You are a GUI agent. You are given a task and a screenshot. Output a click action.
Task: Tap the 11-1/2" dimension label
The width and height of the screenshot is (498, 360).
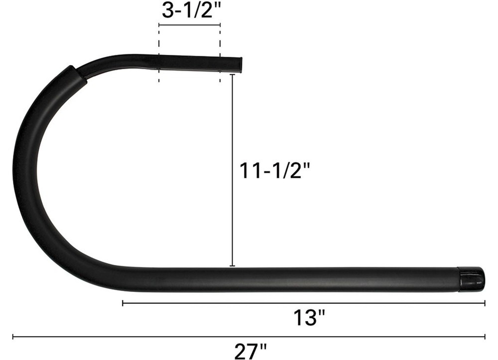pyautogui.click(x=275, y=171)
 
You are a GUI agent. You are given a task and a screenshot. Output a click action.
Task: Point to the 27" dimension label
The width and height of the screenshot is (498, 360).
pyautogui.click(x=250, y=351)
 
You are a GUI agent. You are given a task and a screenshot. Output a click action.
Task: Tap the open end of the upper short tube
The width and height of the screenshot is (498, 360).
pyautogui.click(x=240, y=65)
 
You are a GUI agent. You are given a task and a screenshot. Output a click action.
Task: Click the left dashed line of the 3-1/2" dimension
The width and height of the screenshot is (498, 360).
pyautogui.click(x=159, y=55)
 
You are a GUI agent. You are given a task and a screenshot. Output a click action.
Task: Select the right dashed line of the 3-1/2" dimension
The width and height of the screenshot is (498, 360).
pyautogui.click(x=220, y=55)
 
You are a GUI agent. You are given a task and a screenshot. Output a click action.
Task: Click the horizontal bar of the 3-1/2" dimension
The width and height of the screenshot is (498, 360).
pyautogui.click(x=189, y=24)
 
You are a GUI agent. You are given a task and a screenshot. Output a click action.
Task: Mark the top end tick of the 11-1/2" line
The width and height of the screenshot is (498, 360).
pyautogui.click(x=232, y=74)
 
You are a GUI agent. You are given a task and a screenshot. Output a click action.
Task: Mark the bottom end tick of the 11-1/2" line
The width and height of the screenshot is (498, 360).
pyautogui.click(x=232, y=266)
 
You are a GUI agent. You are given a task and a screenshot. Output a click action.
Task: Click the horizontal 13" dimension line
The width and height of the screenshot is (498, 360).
pyautogui.click(x=304, y=302)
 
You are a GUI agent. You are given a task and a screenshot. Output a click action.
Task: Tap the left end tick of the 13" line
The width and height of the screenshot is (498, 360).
pyautogui.click(x=123, y=302)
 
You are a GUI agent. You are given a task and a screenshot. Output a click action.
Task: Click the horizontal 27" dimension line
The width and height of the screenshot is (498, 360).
pyautogui.click(x=249, y=337)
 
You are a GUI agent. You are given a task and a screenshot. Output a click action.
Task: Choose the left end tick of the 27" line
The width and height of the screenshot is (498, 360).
pyautogui.click(x=13, y=337)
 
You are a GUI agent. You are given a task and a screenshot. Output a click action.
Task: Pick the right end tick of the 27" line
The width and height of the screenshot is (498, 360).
pyautogui.click(x=485, y=337)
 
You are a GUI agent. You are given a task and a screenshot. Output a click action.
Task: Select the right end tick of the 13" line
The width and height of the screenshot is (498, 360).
pyautogui.click(x=485, y=302)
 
